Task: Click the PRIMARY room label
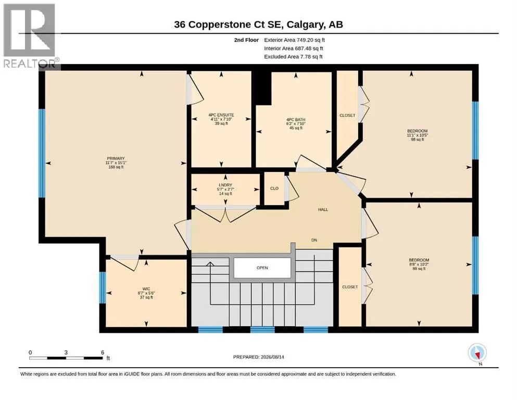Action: [x=116, y=159]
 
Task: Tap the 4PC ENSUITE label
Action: [x=221, y=115]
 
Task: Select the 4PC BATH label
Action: [x=296, y=120]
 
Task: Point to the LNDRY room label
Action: [x=225, y=185]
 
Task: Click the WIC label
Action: [x=146, y=289]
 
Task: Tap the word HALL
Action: [x=323, y=209]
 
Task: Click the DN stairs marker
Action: [x=314, y=240]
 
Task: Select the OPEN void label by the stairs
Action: [x=262, y=268]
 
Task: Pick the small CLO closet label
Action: [x=274, y=189]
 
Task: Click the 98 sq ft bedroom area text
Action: [x=418, y=140]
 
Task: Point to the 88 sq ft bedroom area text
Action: [x=419, y=269]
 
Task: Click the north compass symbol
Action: [x=477, y=353]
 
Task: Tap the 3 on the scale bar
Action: [x=66, y=353]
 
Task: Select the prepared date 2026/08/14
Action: [x=272, y=357]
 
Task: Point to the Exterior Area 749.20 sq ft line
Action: [x=295, y=40]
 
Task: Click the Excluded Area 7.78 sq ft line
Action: [x=293, y=57]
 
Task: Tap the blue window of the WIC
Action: [x=103, y=287]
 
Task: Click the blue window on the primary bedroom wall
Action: [x=42, y=153]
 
